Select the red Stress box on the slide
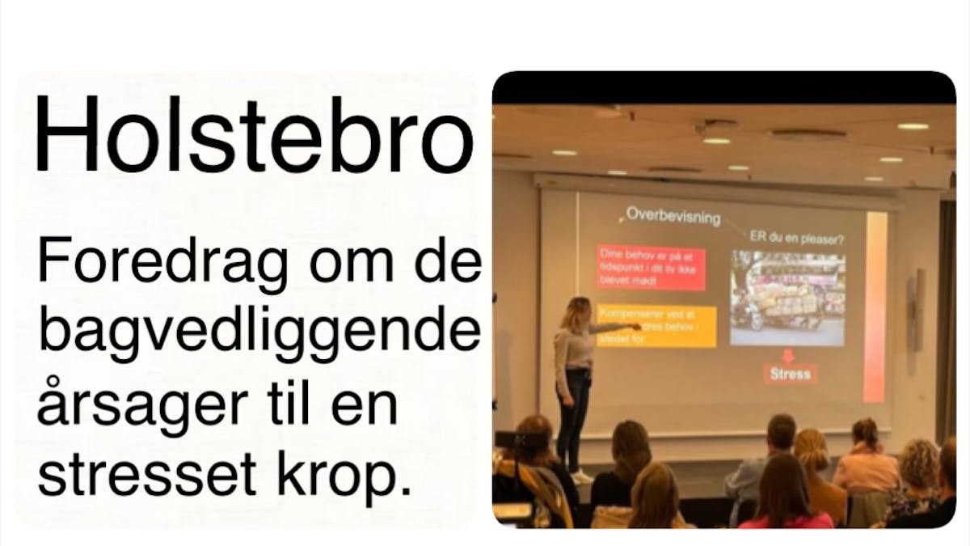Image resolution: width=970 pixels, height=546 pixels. pos(790,374)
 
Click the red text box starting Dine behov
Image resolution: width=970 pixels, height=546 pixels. pos(650,269)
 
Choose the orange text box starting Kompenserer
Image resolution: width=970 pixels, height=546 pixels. pos(656,326)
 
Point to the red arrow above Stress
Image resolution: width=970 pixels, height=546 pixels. pos(788,353)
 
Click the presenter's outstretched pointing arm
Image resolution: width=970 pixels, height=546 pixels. pos(610,328)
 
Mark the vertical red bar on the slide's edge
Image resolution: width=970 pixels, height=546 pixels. pos(875,307)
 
